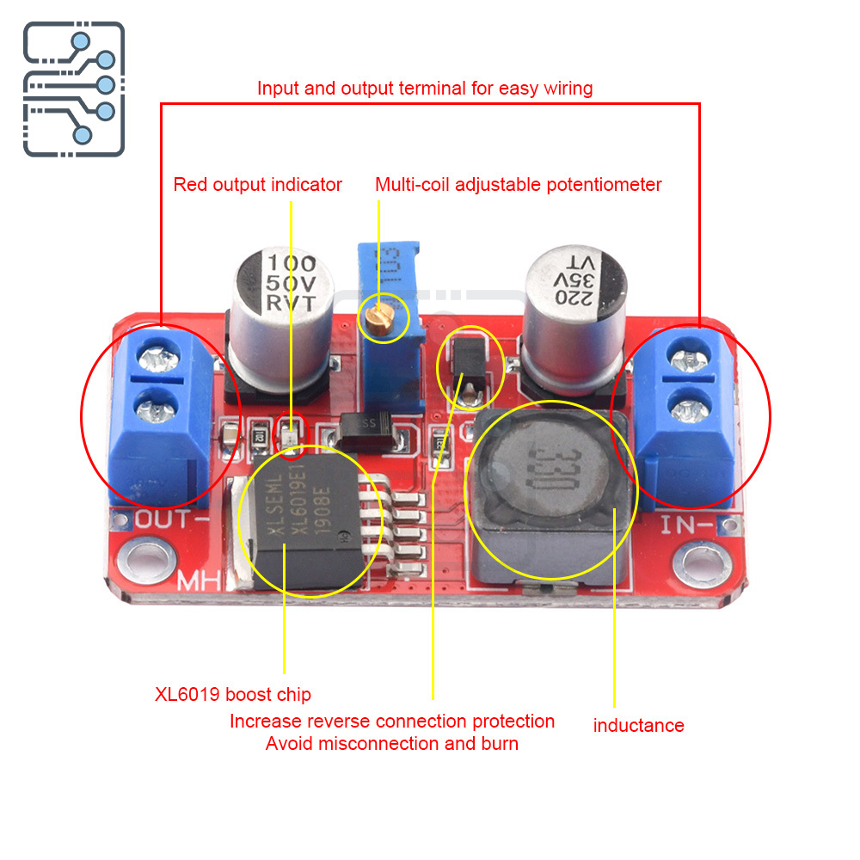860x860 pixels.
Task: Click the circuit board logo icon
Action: [73, 89]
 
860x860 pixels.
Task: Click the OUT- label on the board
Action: [173, 519]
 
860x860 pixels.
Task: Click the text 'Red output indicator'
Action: [257, 184]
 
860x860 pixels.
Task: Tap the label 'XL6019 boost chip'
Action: [233, 694]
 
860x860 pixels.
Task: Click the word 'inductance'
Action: [638, 725]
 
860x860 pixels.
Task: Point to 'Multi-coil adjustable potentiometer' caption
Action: [519, 184]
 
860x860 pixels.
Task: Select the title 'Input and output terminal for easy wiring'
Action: [425, 88]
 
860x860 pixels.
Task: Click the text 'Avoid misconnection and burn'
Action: [392, 743]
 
